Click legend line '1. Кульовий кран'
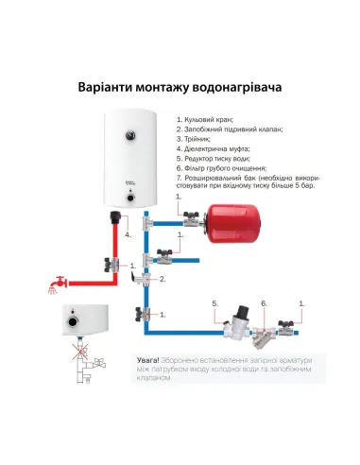tap(206, 121)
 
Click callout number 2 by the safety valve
tap(163, 280)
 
